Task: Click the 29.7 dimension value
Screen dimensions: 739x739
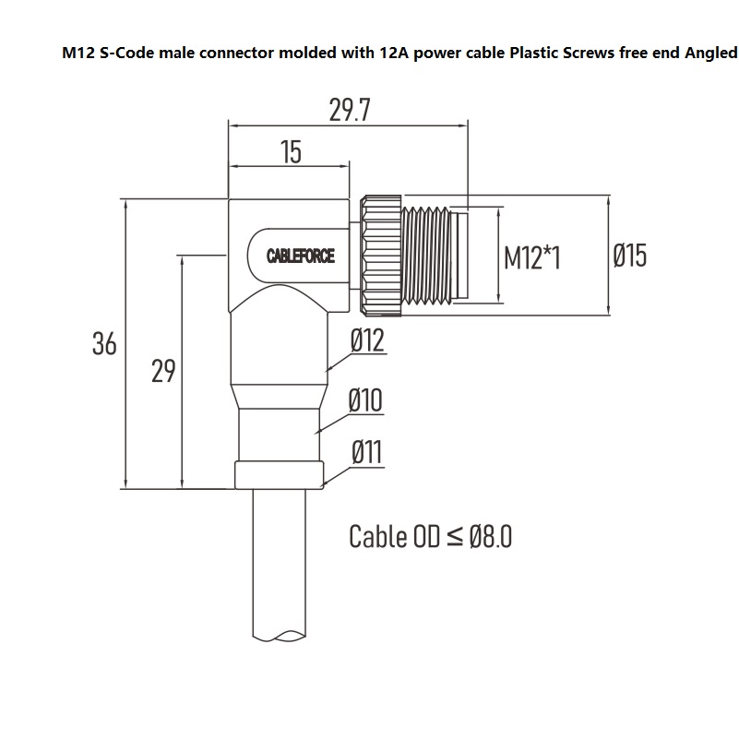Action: (350, 110)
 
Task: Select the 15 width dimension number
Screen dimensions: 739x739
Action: (291, 152)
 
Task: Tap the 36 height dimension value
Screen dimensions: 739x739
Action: (104, 344)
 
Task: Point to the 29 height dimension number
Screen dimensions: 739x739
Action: (163, 372)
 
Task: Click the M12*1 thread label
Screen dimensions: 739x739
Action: (532, 257)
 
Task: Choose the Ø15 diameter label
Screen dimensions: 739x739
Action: (630, 256)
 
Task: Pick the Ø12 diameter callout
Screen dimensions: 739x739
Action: (366, 342)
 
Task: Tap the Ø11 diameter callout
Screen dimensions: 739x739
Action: (366, 453)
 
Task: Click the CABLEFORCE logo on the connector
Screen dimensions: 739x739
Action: (301, 256)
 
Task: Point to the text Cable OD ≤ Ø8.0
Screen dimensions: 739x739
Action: (430, 536)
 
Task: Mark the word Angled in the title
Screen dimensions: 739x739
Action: (710, 54)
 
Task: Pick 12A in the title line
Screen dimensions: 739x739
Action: (392, 54)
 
